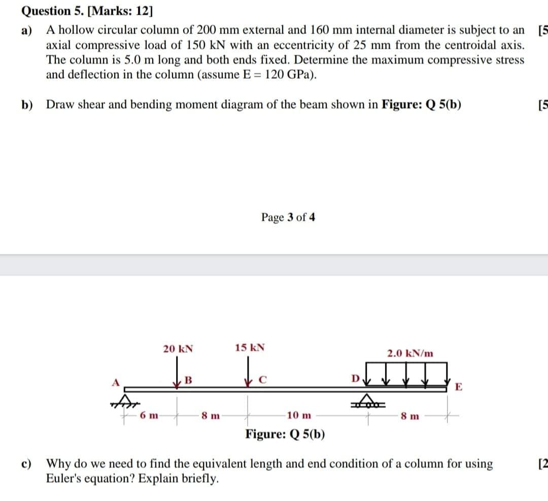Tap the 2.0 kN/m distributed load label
tap(410, 353)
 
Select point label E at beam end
tap(459, 388)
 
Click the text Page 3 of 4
tap(288, 218)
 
